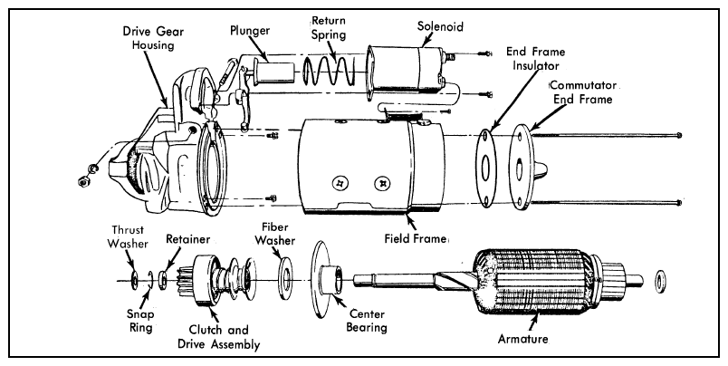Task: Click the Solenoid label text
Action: (x=440, y=26)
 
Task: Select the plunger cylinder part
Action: (x=274, y=72)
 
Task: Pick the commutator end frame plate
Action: (x=521, y=168)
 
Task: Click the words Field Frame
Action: (x=415, y=239)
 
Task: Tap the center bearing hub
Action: (x=333, y=278)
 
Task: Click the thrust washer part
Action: (x=134, y=280)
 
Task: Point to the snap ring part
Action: (x=150, y=280)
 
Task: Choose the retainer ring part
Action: (x=163, y=280)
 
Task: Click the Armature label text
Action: (x=522, y=339)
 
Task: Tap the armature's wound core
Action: (x=534, y=282)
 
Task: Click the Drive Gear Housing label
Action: (x=153, y=39)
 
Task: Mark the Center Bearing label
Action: (x=368, y=321)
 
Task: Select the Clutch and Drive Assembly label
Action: (x=225, y=337)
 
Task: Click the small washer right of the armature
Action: (x=660, y=283)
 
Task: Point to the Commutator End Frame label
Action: (x=583, y=92)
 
